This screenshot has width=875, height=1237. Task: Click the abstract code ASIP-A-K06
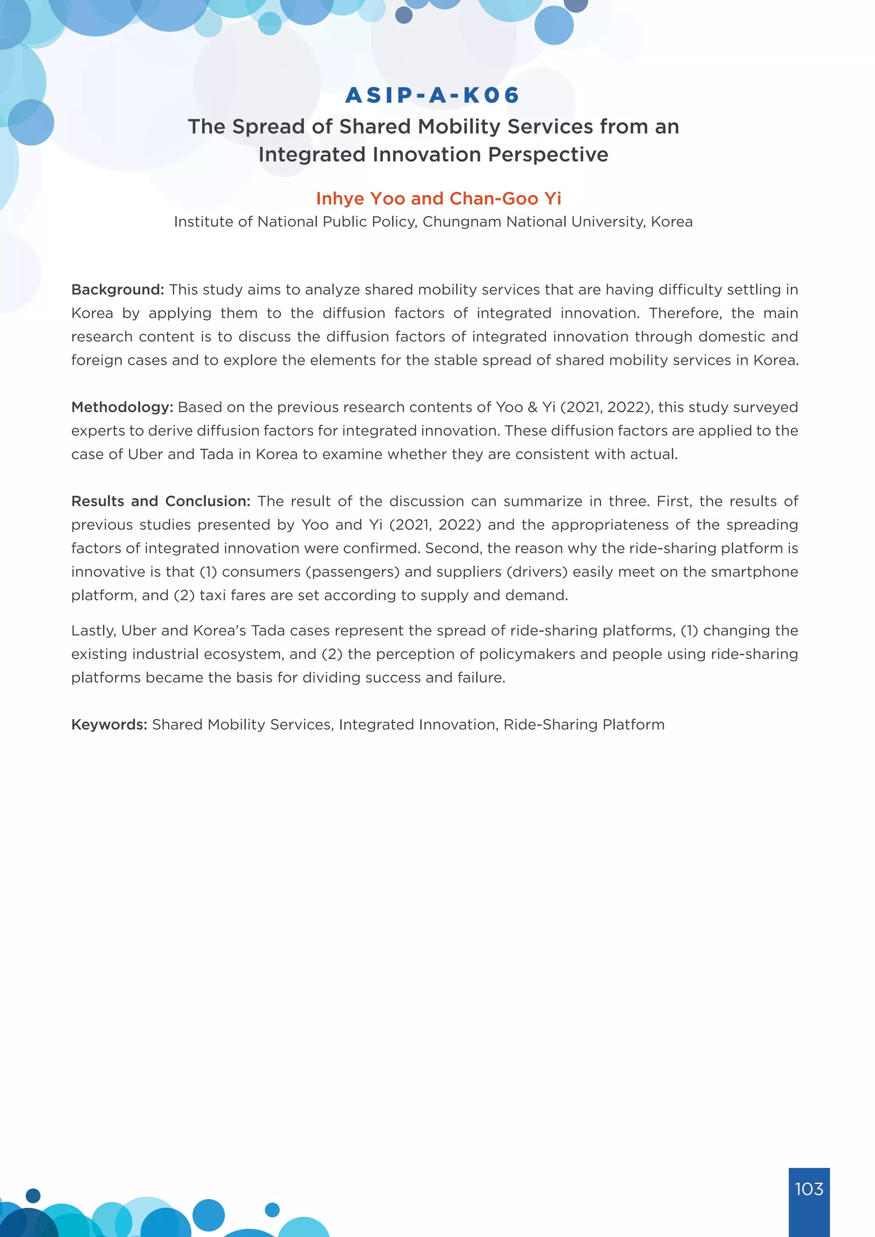click(x=432, y=95)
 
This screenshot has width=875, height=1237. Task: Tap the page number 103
click(x=809, y=1188)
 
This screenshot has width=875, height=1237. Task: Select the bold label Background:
click(x=117, y=290)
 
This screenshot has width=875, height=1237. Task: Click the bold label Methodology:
click(x=122, y=407)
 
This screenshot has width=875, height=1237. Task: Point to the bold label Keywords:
click(x=109, y=724)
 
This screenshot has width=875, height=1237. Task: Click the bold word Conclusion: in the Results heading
click(x=208, y=501)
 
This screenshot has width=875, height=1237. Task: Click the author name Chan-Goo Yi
click(x=505, y=199)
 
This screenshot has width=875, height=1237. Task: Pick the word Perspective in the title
click(x=548, y=155)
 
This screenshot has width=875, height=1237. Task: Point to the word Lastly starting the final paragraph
click(x=93, y=631)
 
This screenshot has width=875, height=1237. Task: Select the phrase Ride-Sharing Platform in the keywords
click(x=584, y=724)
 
